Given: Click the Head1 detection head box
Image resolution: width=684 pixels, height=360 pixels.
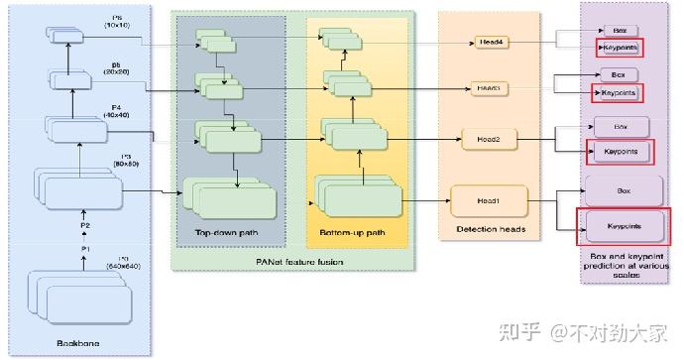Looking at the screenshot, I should [488, 200].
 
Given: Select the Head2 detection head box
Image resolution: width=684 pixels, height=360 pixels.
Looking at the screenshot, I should [488, 140].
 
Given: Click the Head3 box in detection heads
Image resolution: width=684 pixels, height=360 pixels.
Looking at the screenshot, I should [488, 88].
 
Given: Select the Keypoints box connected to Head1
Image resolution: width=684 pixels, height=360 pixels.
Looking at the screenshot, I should [625, 225].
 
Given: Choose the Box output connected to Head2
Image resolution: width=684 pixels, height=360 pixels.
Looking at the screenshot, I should [622, 127].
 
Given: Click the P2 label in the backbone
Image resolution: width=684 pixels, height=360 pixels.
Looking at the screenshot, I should [85, 225].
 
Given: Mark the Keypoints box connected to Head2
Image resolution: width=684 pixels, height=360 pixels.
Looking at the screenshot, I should [622, 152].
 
